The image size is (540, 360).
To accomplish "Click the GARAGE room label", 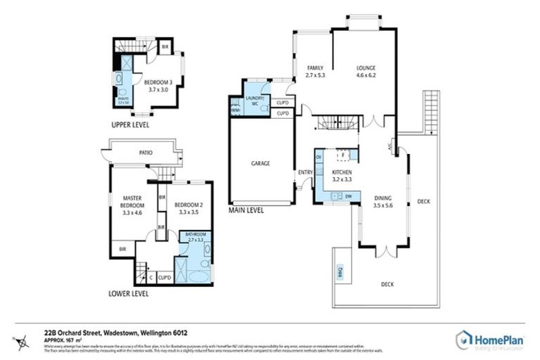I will coord(261,163).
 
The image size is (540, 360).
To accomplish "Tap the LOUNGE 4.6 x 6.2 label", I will coord(366,71).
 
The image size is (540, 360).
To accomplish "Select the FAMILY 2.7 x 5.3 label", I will coord(316,71).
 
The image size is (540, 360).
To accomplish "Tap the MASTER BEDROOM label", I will coord(132,204).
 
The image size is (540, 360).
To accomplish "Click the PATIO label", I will coord(146,152).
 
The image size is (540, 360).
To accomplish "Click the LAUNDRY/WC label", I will coord(254,101).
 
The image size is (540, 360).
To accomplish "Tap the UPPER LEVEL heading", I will coord(130,124).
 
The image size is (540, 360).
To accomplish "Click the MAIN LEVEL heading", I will coord(246,210).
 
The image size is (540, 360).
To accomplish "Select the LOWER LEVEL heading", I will coord(128,292).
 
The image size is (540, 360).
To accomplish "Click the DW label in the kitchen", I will coord(348,195).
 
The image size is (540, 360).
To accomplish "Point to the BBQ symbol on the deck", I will coord(342,274).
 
